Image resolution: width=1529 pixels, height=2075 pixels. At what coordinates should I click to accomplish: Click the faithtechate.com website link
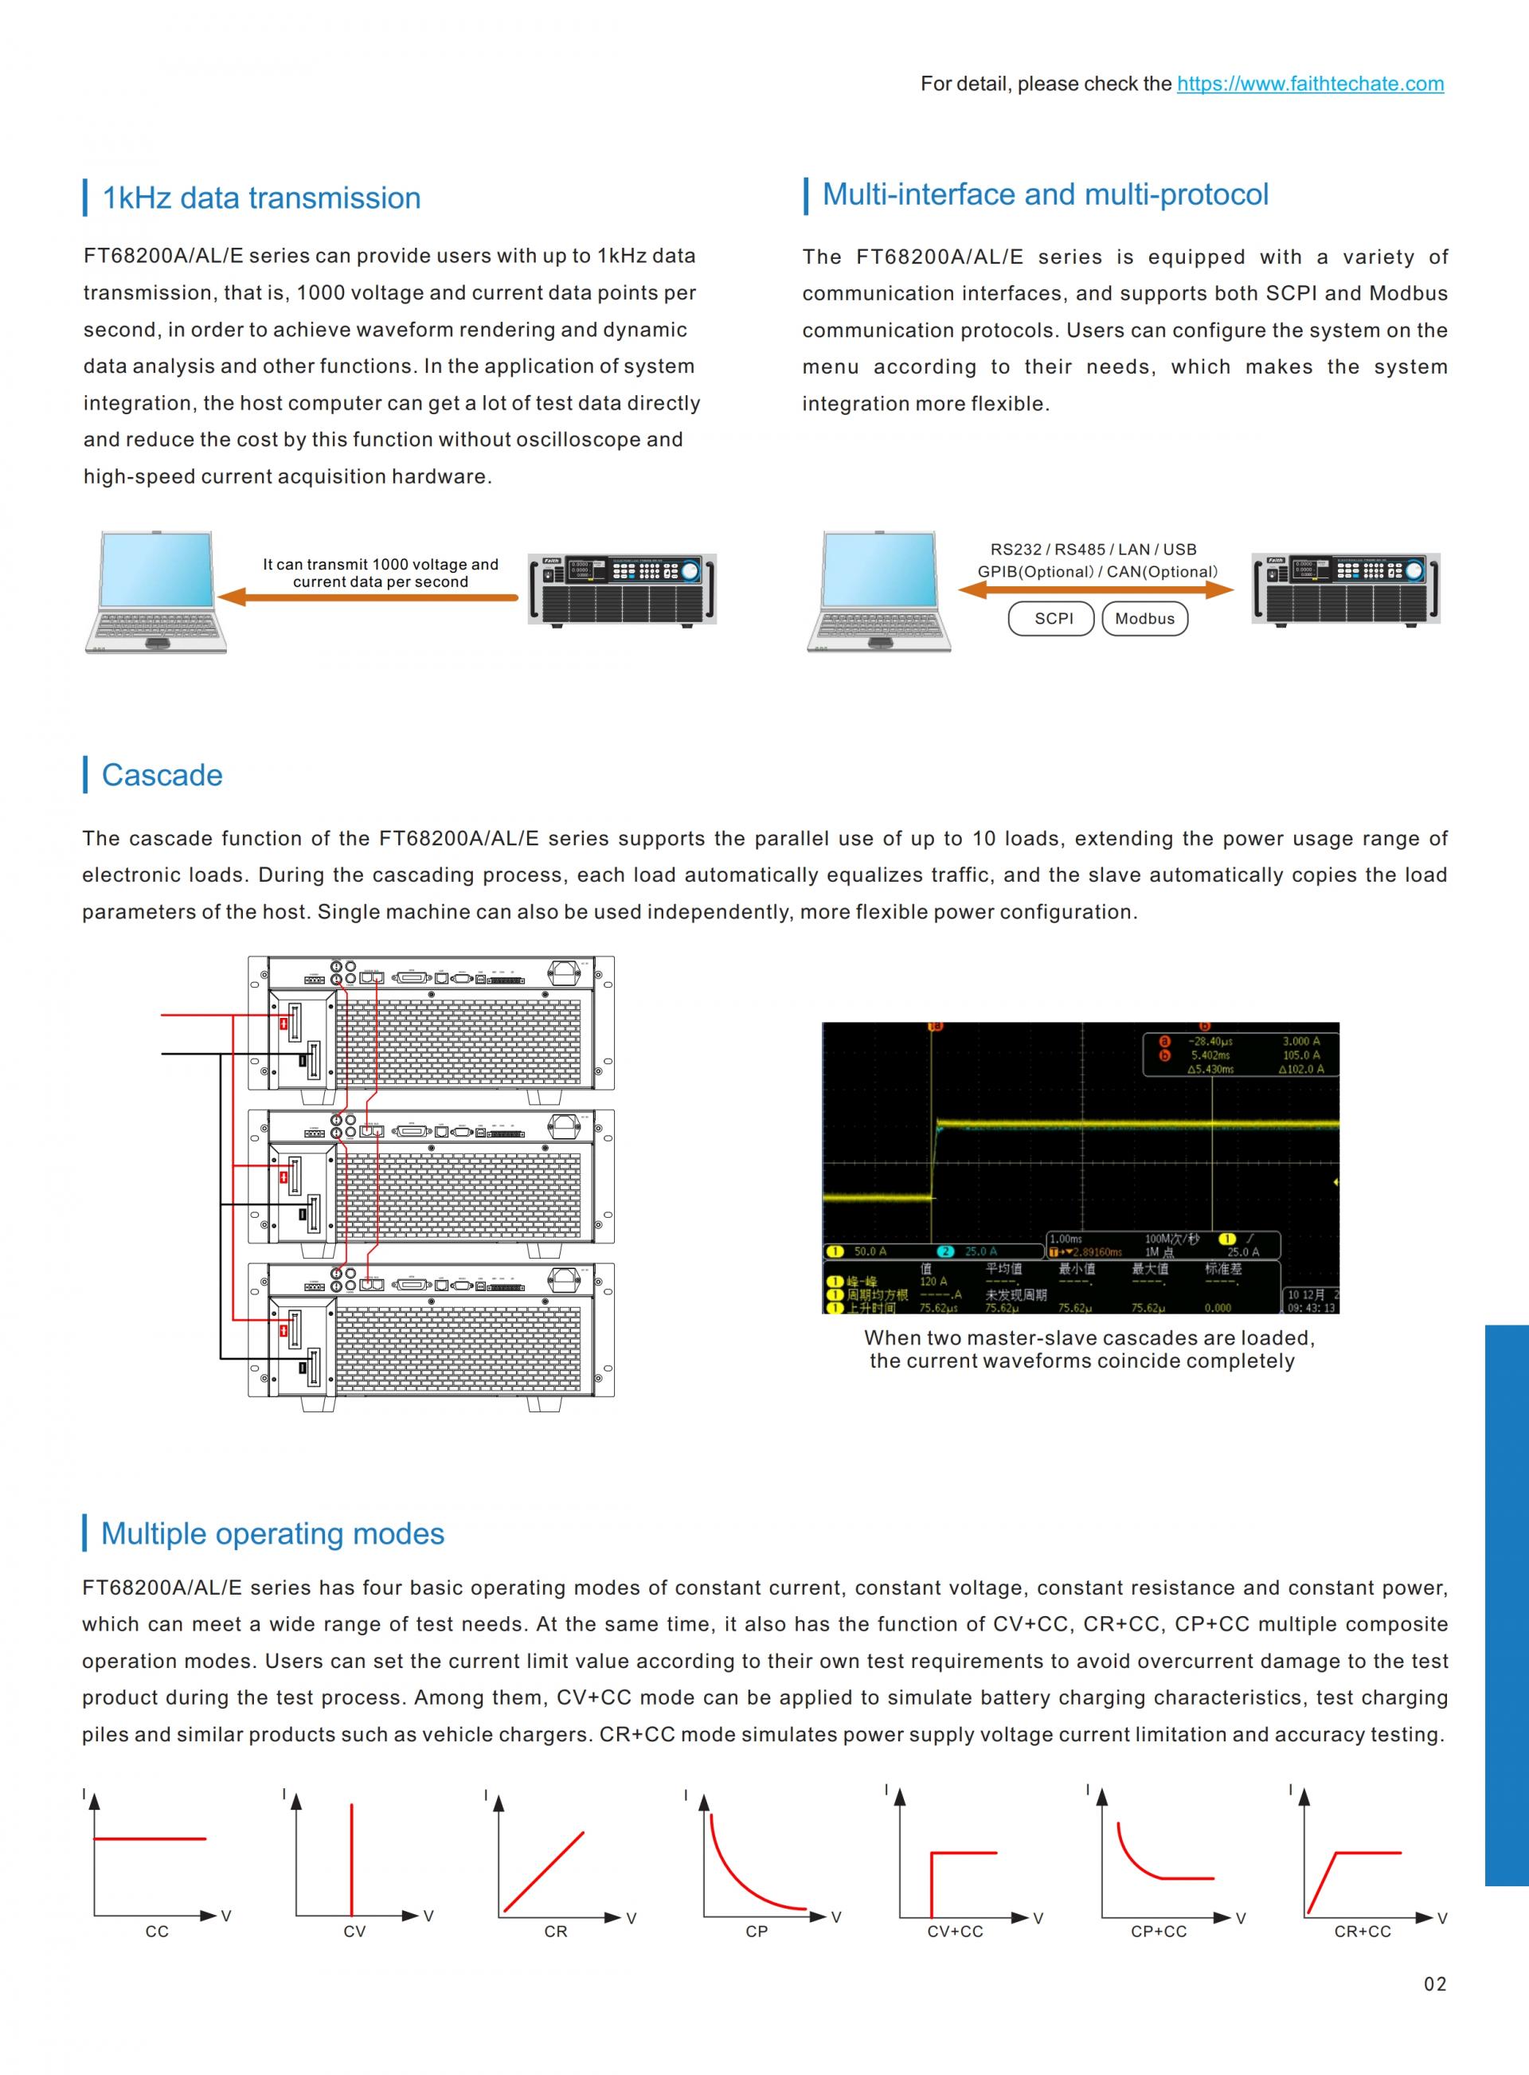(x=1310, y=84)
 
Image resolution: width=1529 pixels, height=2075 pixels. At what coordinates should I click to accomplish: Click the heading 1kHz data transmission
(x=261, y=198)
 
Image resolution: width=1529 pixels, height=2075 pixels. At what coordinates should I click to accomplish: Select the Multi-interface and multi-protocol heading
(x=1045, y=194)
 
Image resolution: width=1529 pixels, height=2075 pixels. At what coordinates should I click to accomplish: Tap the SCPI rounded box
(x=1054, y=618)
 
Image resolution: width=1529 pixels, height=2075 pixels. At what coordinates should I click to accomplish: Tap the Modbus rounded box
(x=1144, y=618)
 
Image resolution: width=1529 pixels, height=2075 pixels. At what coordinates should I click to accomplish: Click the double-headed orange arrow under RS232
(x=1096, y=589)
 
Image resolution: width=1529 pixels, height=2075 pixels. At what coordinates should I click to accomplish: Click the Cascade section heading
(x=162, y=775)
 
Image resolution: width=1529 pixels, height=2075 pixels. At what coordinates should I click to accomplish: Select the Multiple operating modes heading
(x=272, y=1533)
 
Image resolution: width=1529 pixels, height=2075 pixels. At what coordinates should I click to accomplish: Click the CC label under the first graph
(x=158, y=1932)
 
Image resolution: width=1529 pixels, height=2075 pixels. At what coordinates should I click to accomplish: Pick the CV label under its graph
(x=354, y=1932)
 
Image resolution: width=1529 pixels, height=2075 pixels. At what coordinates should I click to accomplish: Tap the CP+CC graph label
(x=1159, y=1932)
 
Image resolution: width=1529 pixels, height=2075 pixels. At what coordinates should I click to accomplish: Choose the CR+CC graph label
(x=1363, y=1932)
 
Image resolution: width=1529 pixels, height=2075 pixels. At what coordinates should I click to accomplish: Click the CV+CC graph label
(x=955, y=1932)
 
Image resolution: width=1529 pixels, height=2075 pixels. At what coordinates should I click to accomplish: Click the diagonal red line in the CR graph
(x=544, y=1871)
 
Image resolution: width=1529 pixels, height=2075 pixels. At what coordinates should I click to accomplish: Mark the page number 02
(x=1434, y=1983)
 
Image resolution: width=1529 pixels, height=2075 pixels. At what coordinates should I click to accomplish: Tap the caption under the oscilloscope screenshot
(x=1089, y=1349)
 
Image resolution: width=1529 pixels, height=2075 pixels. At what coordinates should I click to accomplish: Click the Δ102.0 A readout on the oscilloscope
(x=1300, y=1069)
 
